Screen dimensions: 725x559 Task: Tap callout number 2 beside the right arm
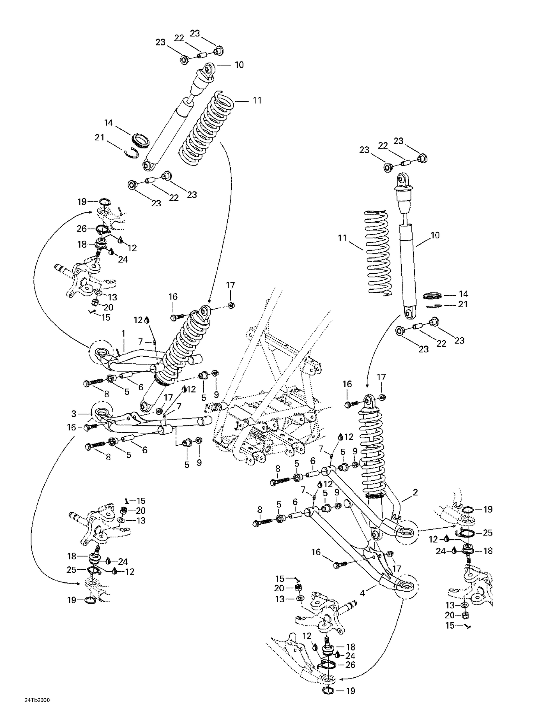[x=415, y=492]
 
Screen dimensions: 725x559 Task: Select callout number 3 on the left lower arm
[x=74, y=414]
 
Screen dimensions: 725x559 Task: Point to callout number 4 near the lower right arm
[x=362, y=593]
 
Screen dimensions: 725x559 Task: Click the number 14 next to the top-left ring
[x=108, y=123]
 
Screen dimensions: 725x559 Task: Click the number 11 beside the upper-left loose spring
[x=257, y=101]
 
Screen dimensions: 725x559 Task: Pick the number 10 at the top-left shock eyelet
[x=239, y=65]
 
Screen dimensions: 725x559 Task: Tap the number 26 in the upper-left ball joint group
[x=82, y=228]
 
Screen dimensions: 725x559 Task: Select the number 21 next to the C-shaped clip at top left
[x=99, y=137]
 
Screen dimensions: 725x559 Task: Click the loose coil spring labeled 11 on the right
[x=378, y=253]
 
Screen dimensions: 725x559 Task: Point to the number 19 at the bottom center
[x=351, y=691]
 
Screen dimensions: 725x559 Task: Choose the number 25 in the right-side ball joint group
[x=487, y=533]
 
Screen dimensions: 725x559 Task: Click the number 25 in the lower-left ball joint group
[x=72, y=570]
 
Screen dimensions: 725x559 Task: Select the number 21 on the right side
[x=462, y=304]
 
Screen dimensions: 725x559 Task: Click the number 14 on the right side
[x=463, y=294]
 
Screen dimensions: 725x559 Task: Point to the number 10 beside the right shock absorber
[x=435, y=235]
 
